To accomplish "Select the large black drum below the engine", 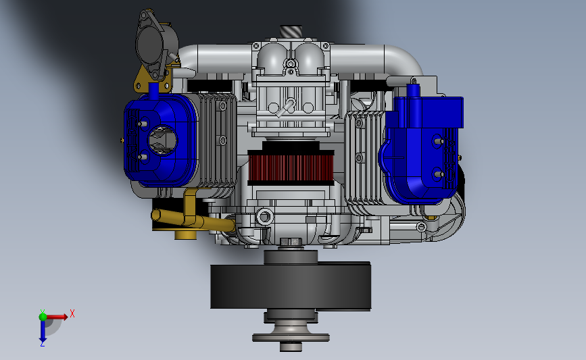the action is click(x=291, y=286).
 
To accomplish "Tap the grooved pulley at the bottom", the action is click(x=291, y=332).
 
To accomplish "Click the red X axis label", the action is click(x=72, y=313).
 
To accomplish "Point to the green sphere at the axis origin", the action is click(x=43, y=317).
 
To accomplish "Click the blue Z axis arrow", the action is click(x=43, y=331).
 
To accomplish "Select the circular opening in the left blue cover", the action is click(x=163, y=140).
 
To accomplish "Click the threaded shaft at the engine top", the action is click(x=291, y=31).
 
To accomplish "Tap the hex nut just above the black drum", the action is click(x=291, y=242).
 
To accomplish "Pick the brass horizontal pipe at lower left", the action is click(x=193, y=220).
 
